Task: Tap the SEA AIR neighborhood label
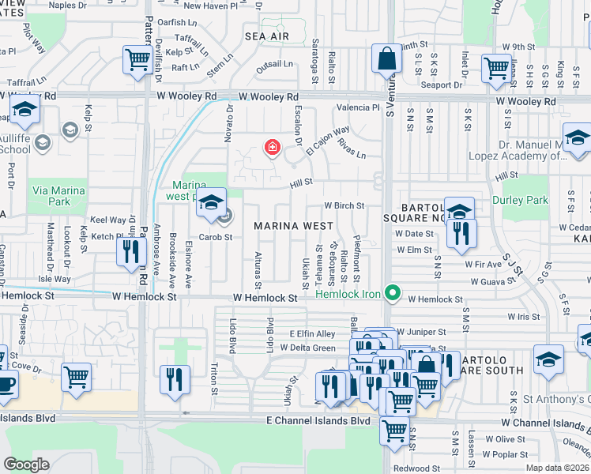pos(267,36)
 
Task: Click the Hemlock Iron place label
pos(349,294)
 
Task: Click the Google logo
pos(26,464)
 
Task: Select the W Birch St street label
pos(344,206)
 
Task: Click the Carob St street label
pos(216,236)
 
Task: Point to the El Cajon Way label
pos(329,140)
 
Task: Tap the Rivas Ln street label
pos(350,149)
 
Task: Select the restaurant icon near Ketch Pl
pos(130,251)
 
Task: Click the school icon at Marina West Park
pos(211,204)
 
